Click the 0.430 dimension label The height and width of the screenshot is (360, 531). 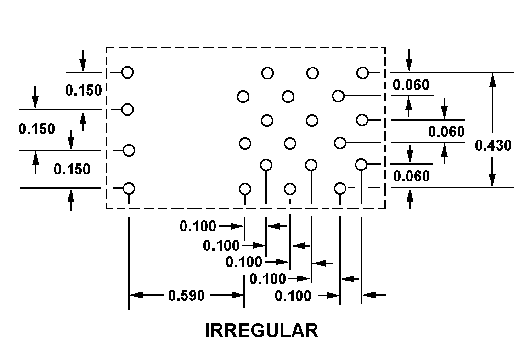(x=493, y=146)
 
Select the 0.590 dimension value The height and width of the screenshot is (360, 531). (x=186, y=295)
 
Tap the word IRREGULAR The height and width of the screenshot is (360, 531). (x=261, y=331)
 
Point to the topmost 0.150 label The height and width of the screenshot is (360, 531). (x=83, y=90)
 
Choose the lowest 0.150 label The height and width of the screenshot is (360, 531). (x=72, y=169)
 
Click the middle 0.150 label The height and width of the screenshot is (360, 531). (x=37, y=129)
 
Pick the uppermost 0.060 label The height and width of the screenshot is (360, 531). (x=411, y=84)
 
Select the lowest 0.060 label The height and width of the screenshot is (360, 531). (x=412, y=176)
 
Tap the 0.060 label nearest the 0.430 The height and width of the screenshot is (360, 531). (x=446, y=132)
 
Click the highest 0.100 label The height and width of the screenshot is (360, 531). (x=198, y=226)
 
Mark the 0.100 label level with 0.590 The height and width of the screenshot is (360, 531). (x=293, y=296)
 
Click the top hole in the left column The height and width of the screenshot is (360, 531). (x=128, y=72)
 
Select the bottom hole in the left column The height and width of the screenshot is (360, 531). (x=129, y=188)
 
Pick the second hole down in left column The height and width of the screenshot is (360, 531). (x=128, y=109)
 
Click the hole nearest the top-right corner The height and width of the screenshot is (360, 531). (x=362, y=73)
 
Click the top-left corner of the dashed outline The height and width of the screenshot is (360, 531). (x=107, y=47)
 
